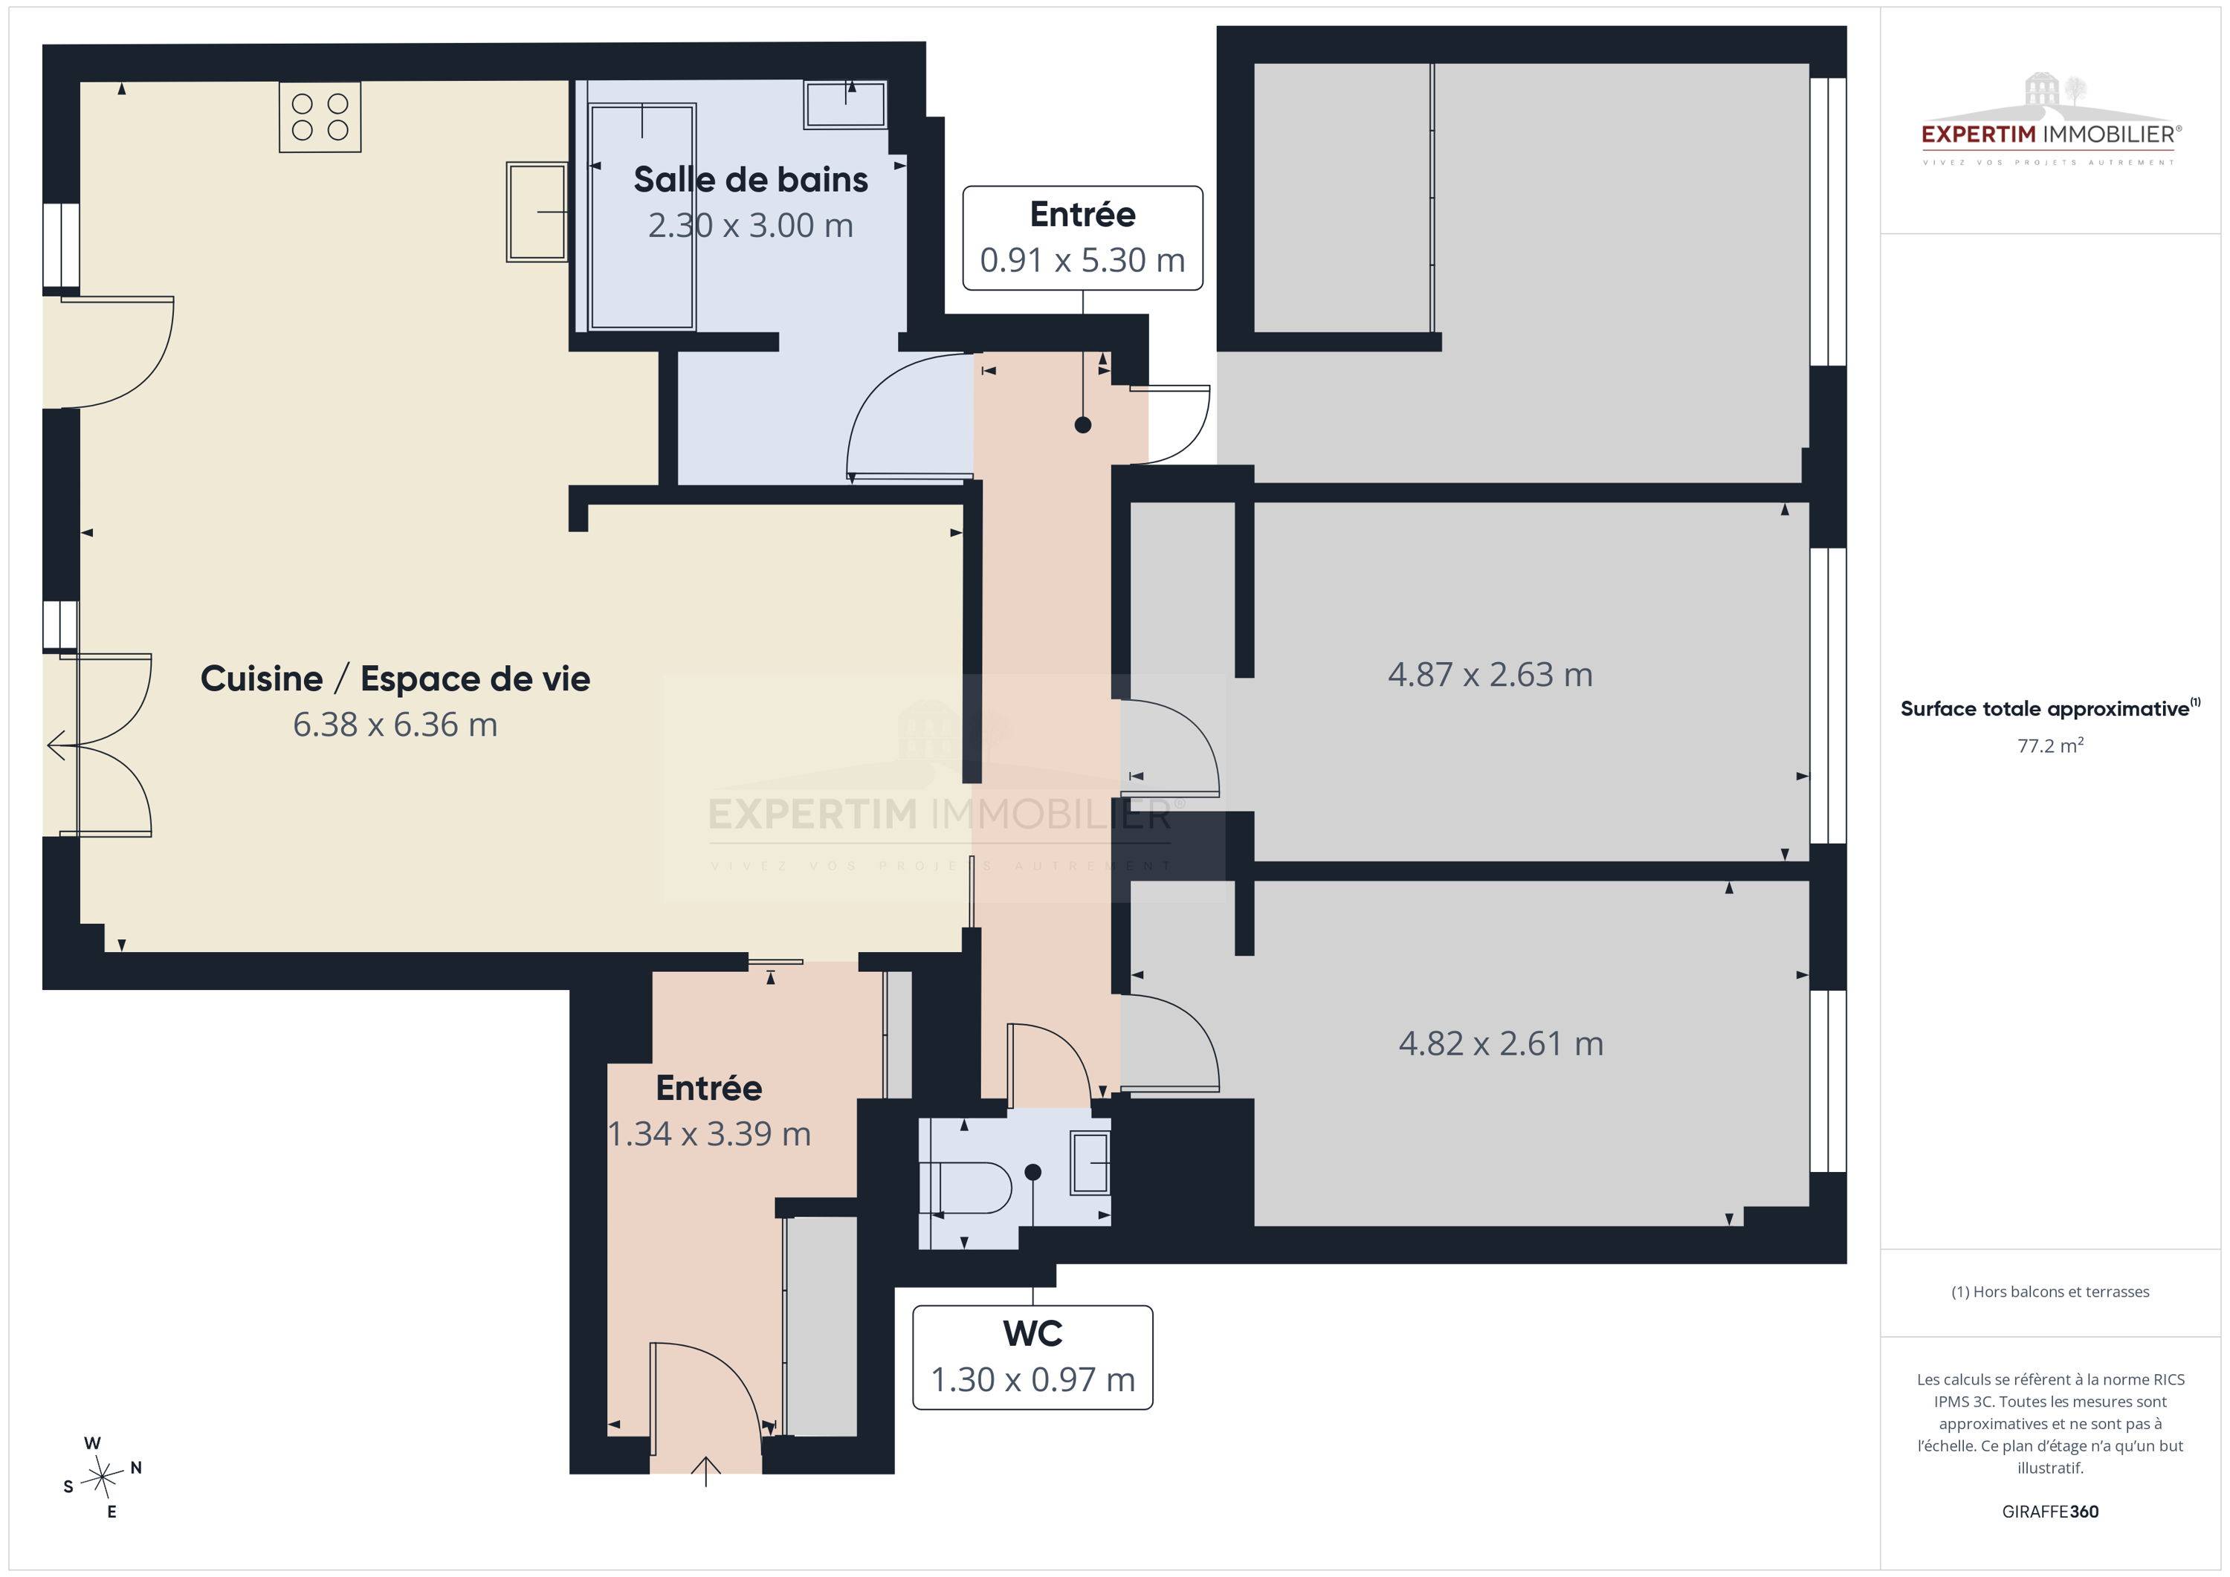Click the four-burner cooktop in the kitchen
[320, 117]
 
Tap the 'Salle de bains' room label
[751, 180]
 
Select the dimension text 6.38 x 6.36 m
[395, 725]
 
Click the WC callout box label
[1032, 1356]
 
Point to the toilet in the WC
[972, 1187]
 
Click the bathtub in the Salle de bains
[643, 218]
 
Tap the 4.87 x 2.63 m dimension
[1490, 675]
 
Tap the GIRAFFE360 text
[2050, 1511]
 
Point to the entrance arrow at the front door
[705, 1471]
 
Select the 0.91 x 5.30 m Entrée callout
[1083, 238]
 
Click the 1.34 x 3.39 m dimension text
[709, 1134]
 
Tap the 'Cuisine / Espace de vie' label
[395, 679]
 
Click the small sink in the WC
[1090, 1162]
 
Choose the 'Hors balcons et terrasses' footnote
[2050, 1292]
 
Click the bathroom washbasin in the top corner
[845, 104]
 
